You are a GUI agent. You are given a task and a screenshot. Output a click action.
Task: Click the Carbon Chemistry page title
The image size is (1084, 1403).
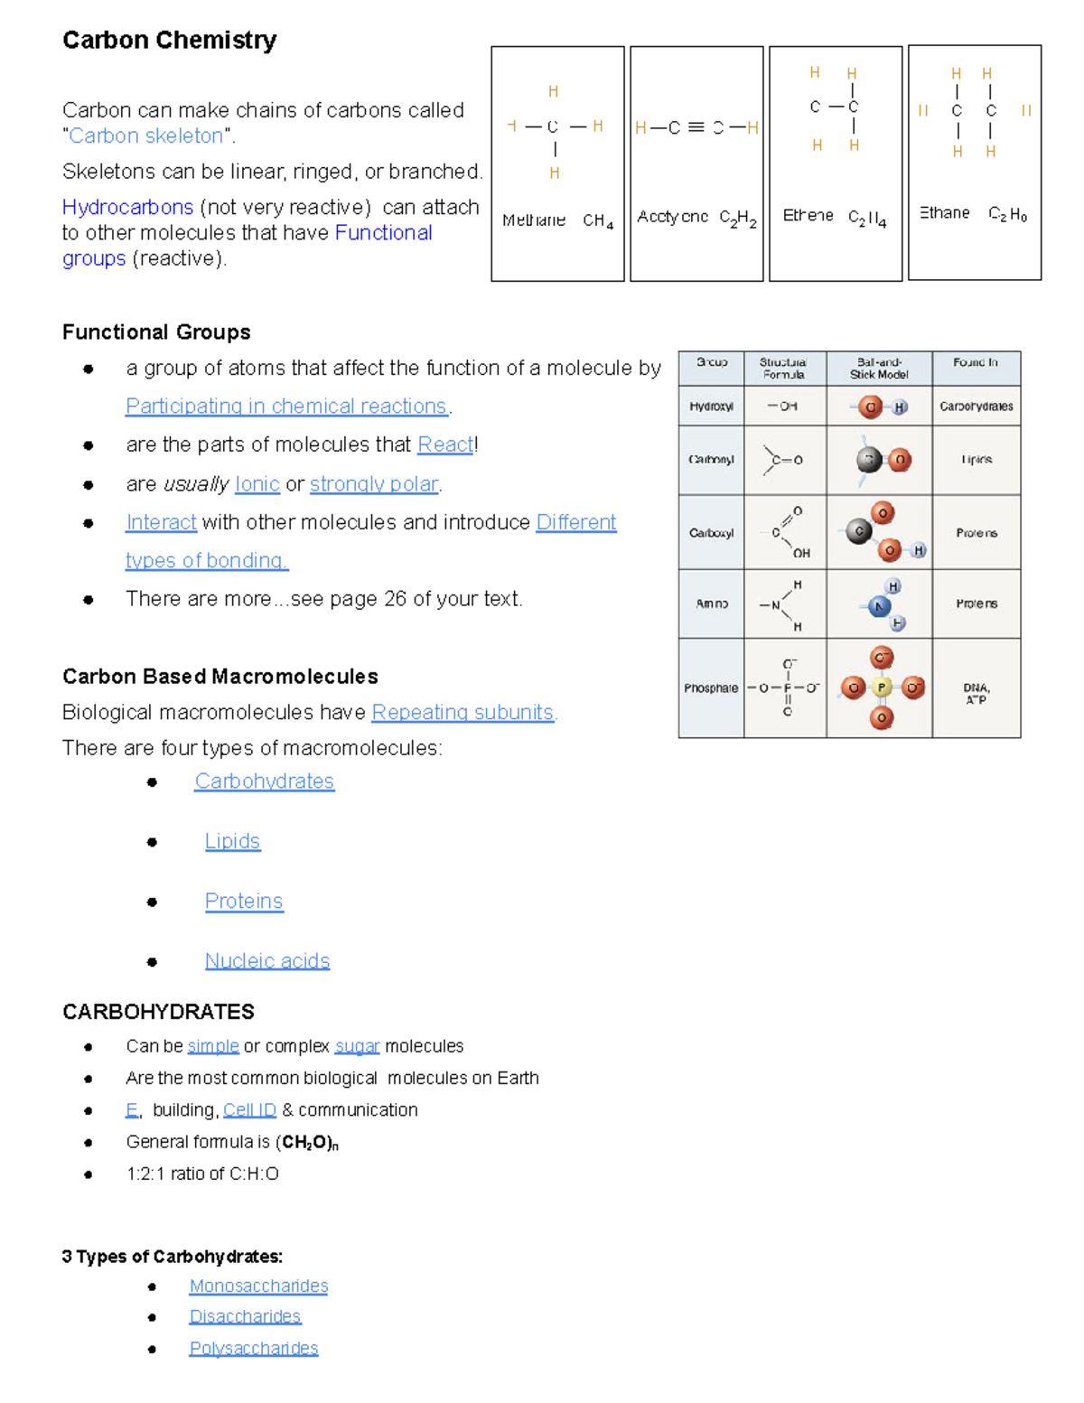(169, 40)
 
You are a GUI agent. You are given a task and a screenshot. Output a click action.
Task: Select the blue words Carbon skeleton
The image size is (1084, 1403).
(145, 136)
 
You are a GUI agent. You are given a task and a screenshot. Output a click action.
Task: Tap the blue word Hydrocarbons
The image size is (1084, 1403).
(127, 207)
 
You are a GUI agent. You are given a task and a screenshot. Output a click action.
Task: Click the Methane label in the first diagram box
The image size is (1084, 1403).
(534, 220)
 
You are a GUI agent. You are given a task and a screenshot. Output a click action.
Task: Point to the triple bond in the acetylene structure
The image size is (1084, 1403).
(696, 127)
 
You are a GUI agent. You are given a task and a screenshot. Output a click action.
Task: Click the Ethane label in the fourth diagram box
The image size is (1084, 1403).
(945, 213)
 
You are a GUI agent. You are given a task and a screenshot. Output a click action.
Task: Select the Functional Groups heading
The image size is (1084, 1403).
(156, 332)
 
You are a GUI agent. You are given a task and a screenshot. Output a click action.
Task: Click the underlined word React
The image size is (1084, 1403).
(444, 444)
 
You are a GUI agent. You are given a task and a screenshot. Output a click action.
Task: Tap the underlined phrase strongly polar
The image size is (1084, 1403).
(374, 484)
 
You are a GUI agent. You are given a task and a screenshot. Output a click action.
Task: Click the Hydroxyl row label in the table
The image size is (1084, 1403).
(711, 407)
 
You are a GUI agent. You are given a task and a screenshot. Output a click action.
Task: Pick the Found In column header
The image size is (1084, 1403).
(976, 362)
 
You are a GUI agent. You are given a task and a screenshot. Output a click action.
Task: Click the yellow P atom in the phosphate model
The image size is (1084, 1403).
(882, 687)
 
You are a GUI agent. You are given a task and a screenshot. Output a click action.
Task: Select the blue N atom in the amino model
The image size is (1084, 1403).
(879, 606)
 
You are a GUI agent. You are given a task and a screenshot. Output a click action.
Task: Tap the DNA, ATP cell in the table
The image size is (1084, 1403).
(976, 693)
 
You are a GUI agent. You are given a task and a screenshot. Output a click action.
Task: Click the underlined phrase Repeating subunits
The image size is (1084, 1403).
(463, 713)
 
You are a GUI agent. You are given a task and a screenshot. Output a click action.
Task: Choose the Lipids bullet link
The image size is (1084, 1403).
(232, 841)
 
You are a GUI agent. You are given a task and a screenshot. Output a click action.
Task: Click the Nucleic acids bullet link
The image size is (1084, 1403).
(267, 960)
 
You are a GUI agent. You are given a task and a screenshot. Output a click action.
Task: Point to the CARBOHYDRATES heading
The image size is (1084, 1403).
(158, 1012)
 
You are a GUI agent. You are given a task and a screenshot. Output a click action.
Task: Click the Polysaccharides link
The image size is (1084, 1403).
(254, 1348)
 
